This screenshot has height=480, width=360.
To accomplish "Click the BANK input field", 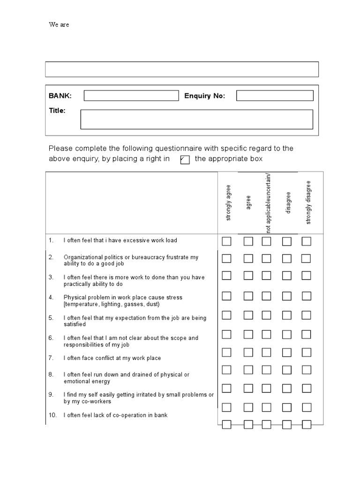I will point(131,96).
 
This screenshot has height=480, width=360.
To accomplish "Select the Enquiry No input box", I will point(275,96).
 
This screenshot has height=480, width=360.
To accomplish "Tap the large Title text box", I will point(196,119).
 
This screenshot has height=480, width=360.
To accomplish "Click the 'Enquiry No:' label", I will point(204,96).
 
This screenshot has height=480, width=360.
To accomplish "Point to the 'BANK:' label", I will point(60,96).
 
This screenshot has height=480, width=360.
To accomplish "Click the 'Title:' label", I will point(57,111).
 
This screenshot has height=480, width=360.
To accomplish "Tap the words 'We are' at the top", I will point(59,25).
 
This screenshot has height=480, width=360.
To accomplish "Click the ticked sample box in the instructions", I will point(185,160).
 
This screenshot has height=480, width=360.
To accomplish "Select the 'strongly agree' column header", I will point(228,202).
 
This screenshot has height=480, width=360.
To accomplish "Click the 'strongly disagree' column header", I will point(308,202).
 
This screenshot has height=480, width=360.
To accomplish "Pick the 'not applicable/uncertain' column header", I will point(269,202).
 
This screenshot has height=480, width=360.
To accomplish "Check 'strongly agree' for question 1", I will point(226,241).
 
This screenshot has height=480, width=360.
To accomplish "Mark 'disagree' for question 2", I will point(286,259).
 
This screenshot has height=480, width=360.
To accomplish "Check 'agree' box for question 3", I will point(248,275).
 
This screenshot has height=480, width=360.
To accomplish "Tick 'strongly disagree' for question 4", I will point(306,296).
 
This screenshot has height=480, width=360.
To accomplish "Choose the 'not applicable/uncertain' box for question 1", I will point(266,241).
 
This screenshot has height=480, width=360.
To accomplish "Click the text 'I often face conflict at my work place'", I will point(112,358).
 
